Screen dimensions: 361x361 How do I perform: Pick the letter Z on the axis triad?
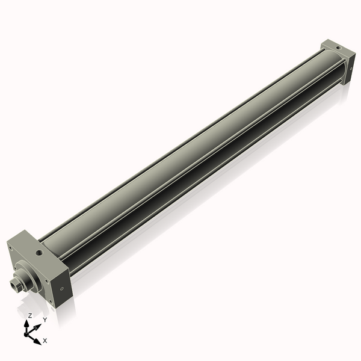pyautogui.click(x=30, y=315)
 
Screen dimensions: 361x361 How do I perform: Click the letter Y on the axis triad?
pyautogui.click(x=45, y=320)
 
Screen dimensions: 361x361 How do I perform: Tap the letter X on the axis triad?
pyautogui.click(x=45, y=341)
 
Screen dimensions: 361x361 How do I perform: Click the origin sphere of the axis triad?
pyautogui.click(x=28, y=333)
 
